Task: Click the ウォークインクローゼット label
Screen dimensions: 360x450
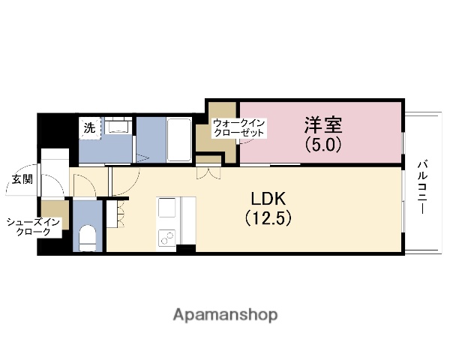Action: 239,127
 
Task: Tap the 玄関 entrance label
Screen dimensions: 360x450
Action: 21,179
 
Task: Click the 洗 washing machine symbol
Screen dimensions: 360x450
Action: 90,128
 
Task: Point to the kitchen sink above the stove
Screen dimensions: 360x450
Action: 166,207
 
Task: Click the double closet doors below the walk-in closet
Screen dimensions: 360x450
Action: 208,172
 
